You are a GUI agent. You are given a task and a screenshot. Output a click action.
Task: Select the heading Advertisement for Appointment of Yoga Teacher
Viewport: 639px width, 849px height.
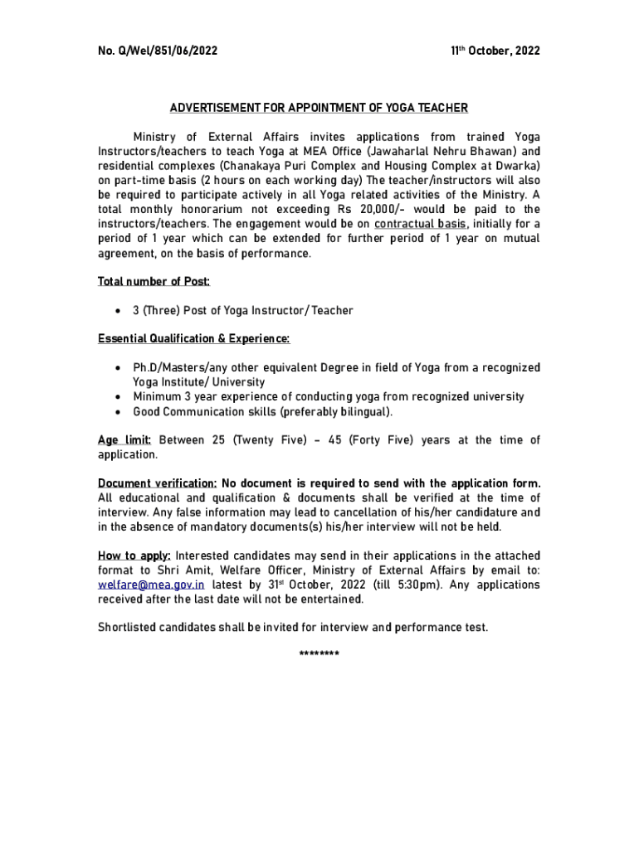tap(319, 108)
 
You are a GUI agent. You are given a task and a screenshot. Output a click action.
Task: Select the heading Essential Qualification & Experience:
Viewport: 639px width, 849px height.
tap(193, 338)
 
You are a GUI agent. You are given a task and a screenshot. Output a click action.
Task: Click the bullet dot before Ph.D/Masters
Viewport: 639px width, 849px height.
tap(119, 367)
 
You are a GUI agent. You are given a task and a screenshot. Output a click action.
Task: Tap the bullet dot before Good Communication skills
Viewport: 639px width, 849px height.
tap(119, 412)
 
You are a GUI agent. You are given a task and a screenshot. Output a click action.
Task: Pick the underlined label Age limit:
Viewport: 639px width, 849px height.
tap(124, 439)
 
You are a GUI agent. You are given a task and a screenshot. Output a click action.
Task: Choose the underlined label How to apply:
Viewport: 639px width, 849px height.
tap(134, 555)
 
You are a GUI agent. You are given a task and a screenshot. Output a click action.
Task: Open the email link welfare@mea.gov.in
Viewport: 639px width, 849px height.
tap(151, 585)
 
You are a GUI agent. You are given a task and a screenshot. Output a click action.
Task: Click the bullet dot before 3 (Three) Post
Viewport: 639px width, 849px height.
tap(119, 311)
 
